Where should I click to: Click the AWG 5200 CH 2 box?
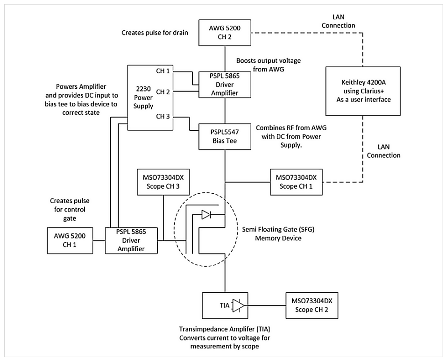(x=225, y=32)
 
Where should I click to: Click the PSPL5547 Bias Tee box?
(x=225, y=136)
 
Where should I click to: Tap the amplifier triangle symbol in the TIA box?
(x=239, y=305)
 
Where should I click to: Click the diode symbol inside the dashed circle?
(x=206, y=215)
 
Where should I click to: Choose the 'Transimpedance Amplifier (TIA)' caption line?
(x=225, y=329)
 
